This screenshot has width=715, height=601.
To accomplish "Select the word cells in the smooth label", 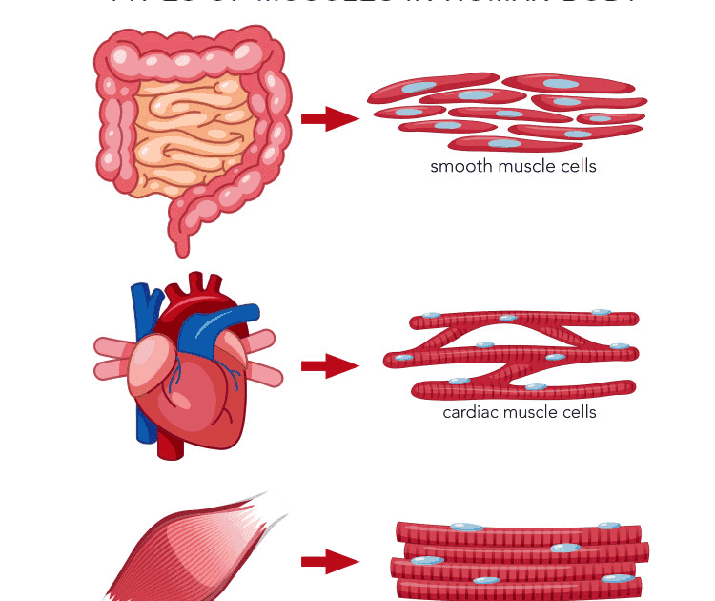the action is pos(578,166).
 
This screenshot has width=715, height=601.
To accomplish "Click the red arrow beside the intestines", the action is pos(329,118).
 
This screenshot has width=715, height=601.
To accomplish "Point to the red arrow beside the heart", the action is pos(329,365).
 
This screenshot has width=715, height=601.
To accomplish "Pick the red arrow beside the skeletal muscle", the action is pos(329,561).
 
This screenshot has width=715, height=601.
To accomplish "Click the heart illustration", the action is pos(191,372).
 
